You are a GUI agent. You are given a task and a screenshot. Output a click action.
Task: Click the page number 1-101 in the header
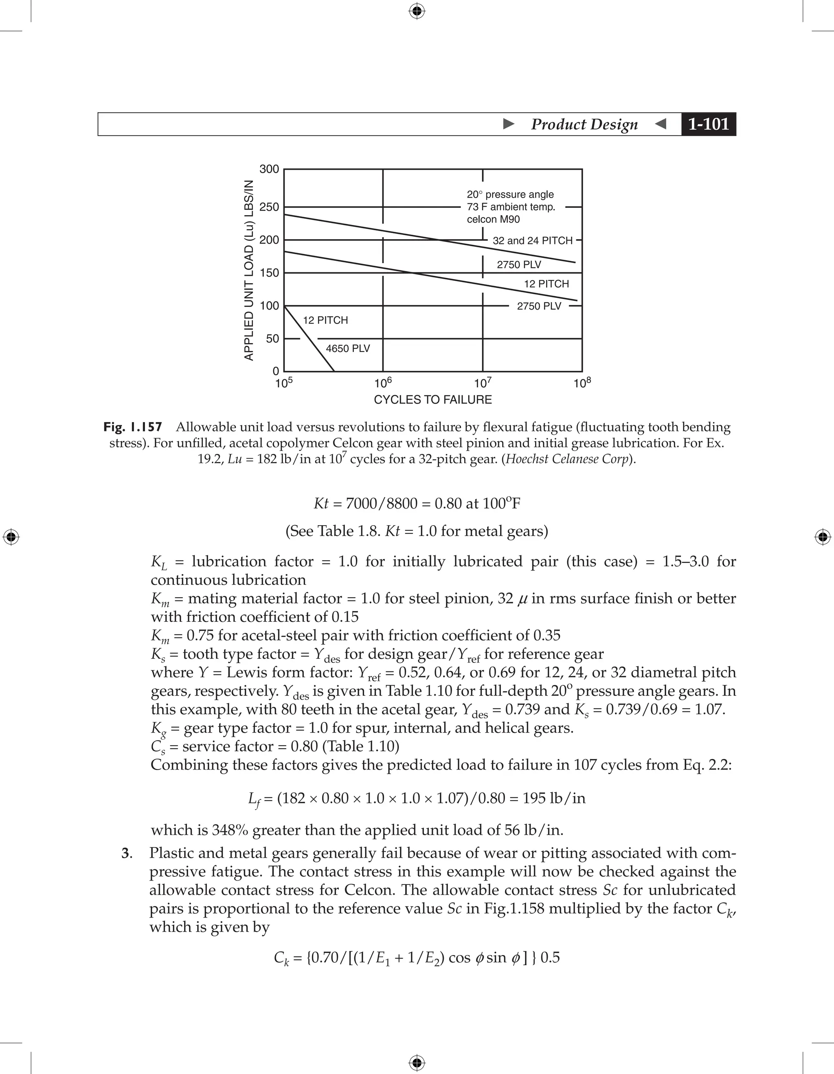[x=708, y=124]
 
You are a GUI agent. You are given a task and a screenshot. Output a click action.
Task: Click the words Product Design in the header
[x=584, y=124]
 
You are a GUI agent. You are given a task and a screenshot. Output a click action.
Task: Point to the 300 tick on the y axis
[x=269, y=169]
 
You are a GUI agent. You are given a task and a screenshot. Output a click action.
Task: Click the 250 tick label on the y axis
[x=269, y=207]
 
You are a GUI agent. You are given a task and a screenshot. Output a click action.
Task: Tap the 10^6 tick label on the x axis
[x=383, y=383]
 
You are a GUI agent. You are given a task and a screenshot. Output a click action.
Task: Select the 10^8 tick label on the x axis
[x=582, y=383]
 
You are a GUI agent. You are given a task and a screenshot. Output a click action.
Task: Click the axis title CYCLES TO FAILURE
[x=432, y=400]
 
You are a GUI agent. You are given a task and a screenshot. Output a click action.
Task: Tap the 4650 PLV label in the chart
[x=347, y=349]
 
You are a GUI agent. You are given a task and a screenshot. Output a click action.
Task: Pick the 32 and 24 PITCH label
[x=532, y=240]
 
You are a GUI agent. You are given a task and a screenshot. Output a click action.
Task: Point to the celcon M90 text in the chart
[x=493, y=219]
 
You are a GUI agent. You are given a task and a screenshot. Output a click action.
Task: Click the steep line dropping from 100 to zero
[x=309, y=339]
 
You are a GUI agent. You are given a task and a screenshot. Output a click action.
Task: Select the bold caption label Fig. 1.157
[x=133, y=427]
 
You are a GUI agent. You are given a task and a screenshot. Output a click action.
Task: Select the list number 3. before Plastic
[x=127, y=853]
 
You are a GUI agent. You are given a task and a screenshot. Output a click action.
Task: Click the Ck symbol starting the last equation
[x=281, y=958]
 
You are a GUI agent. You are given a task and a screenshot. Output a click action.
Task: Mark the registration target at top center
[x=417, y=11]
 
